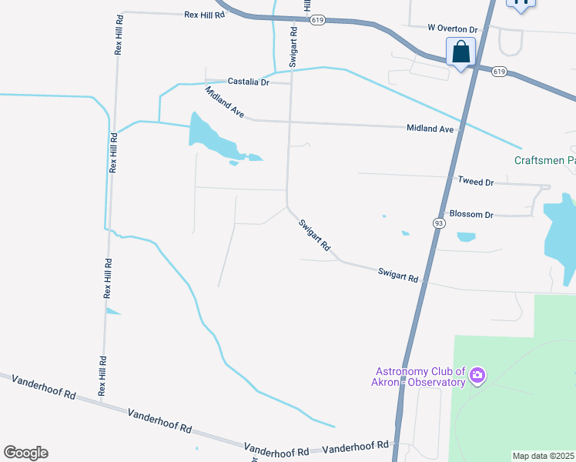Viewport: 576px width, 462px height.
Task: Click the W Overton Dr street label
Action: pyautogui.click(x=453, y=28)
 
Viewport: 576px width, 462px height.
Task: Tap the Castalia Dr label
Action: pyautogui.click(x=248, y=82)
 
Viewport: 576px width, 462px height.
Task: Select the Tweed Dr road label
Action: pyautogui.click(x=475, y=182)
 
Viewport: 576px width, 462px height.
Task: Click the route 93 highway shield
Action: pyautogui.click(x=438, y=223)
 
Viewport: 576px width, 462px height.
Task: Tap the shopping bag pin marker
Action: pyautogui.click(x=460, y=52)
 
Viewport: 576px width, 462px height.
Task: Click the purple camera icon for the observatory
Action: pyautogui.click(x=477, y=376)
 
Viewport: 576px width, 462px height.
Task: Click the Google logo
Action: pyautogui.click(x=25, y=453)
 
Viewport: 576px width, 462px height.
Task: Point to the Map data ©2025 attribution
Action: pyautogui.click(x=543, y=456)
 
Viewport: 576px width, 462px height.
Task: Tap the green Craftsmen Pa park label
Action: pyautogui.click(x=544, y=160)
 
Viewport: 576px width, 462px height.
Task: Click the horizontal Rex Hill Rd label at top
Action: pyautogui.click(x=204, y=15)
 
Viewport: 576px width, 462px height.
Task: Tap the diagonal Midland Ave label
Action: pyautogui.click(x=224, y=102)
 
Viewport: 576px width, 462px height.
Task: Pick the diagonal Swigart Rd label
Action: pyautogui.click(x=315, y=235)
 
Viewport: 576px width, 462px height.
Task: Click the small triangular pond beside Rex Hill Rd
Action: pyautogui.click(x=112, y=311)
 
